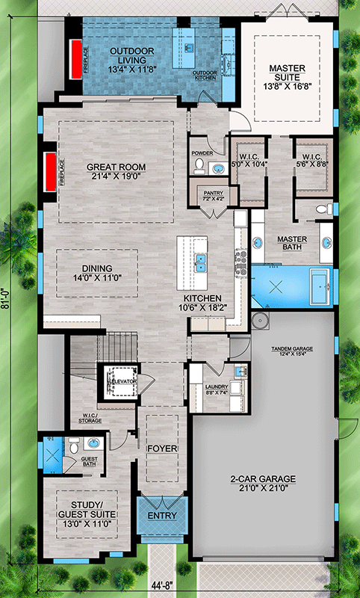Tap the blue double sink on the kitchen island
coord(201,262)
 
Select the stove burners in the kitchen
coord(242,261)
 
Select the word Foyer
coord(161,449)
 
